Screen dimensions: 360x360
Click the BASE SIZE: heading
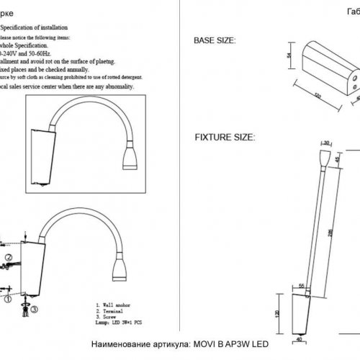(211, 41)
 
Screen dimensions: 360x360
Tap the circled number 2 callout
(7, 256)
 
